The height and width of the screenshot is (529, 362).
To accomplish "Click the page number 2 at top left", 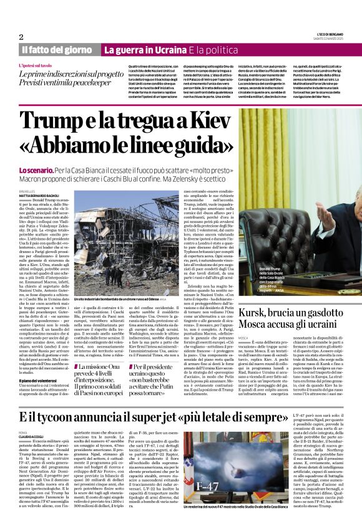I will pos(21,37).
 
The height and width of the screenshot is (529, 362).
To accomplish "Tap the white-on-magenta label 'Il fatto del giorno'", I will pos(57,49).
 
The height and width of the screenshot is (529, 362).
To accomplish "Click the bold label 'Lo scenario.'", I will pos(36,169).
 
